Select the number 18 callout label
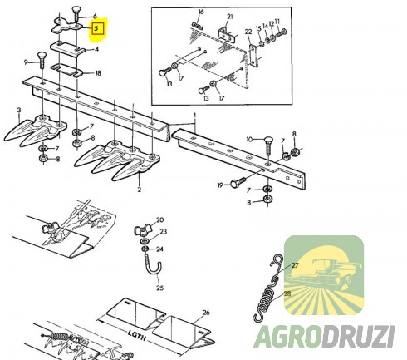(99, 73)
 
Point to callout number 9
(28, 62)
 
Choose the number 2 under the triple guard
(139, 190)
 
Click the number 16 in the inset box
(200, 12)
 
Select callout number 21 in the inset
(230, 17)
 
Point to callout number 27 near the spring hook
(295, 265)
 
